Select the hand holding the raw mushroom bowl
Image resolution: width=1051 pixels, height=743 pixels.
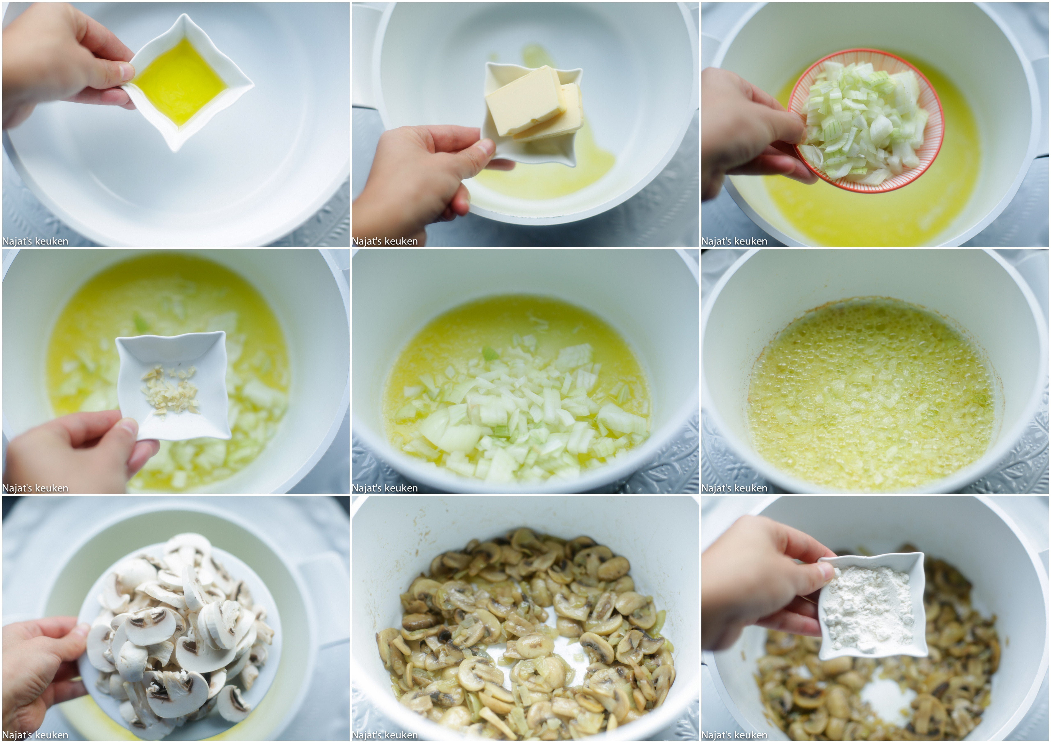coord(41,678)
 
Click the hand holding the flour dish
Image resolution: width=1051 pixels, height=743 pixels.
coord(764,586)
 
